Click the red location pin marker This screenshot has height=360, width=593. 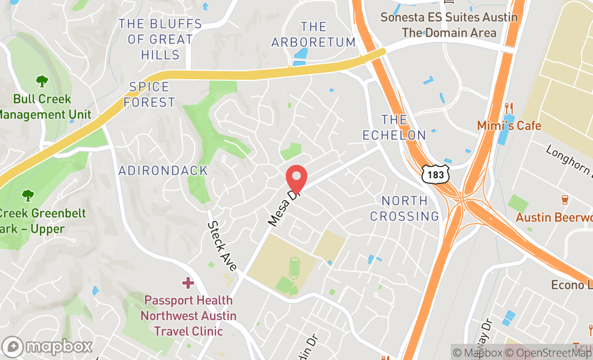point(296,178)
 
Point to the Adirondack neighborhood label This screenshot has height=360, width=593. point(163,171)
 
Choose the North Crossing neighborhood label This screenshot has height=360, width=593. point(404,209)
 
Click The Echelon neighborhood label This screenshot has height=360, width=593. point(394,127)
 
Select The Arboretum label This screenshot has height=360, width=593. point(313,34)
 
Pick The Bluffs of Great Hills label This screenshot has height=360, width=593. point(161,39)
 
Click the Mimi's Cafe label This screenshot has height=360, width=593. point(509,126)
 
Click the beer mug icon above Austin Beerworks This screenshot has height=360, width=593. point(565,200)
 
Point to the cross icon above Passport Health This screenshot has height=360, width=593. point(188,282)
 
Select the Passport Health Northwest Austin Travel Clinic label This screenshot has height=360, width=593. point(188,315)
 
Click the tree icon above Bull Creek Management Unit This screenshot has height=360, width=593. point(42,81)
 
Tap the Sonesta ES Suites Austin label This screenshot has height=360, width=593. point(449,17)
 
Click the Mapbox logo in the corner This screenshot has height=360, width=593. point(47,346)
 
